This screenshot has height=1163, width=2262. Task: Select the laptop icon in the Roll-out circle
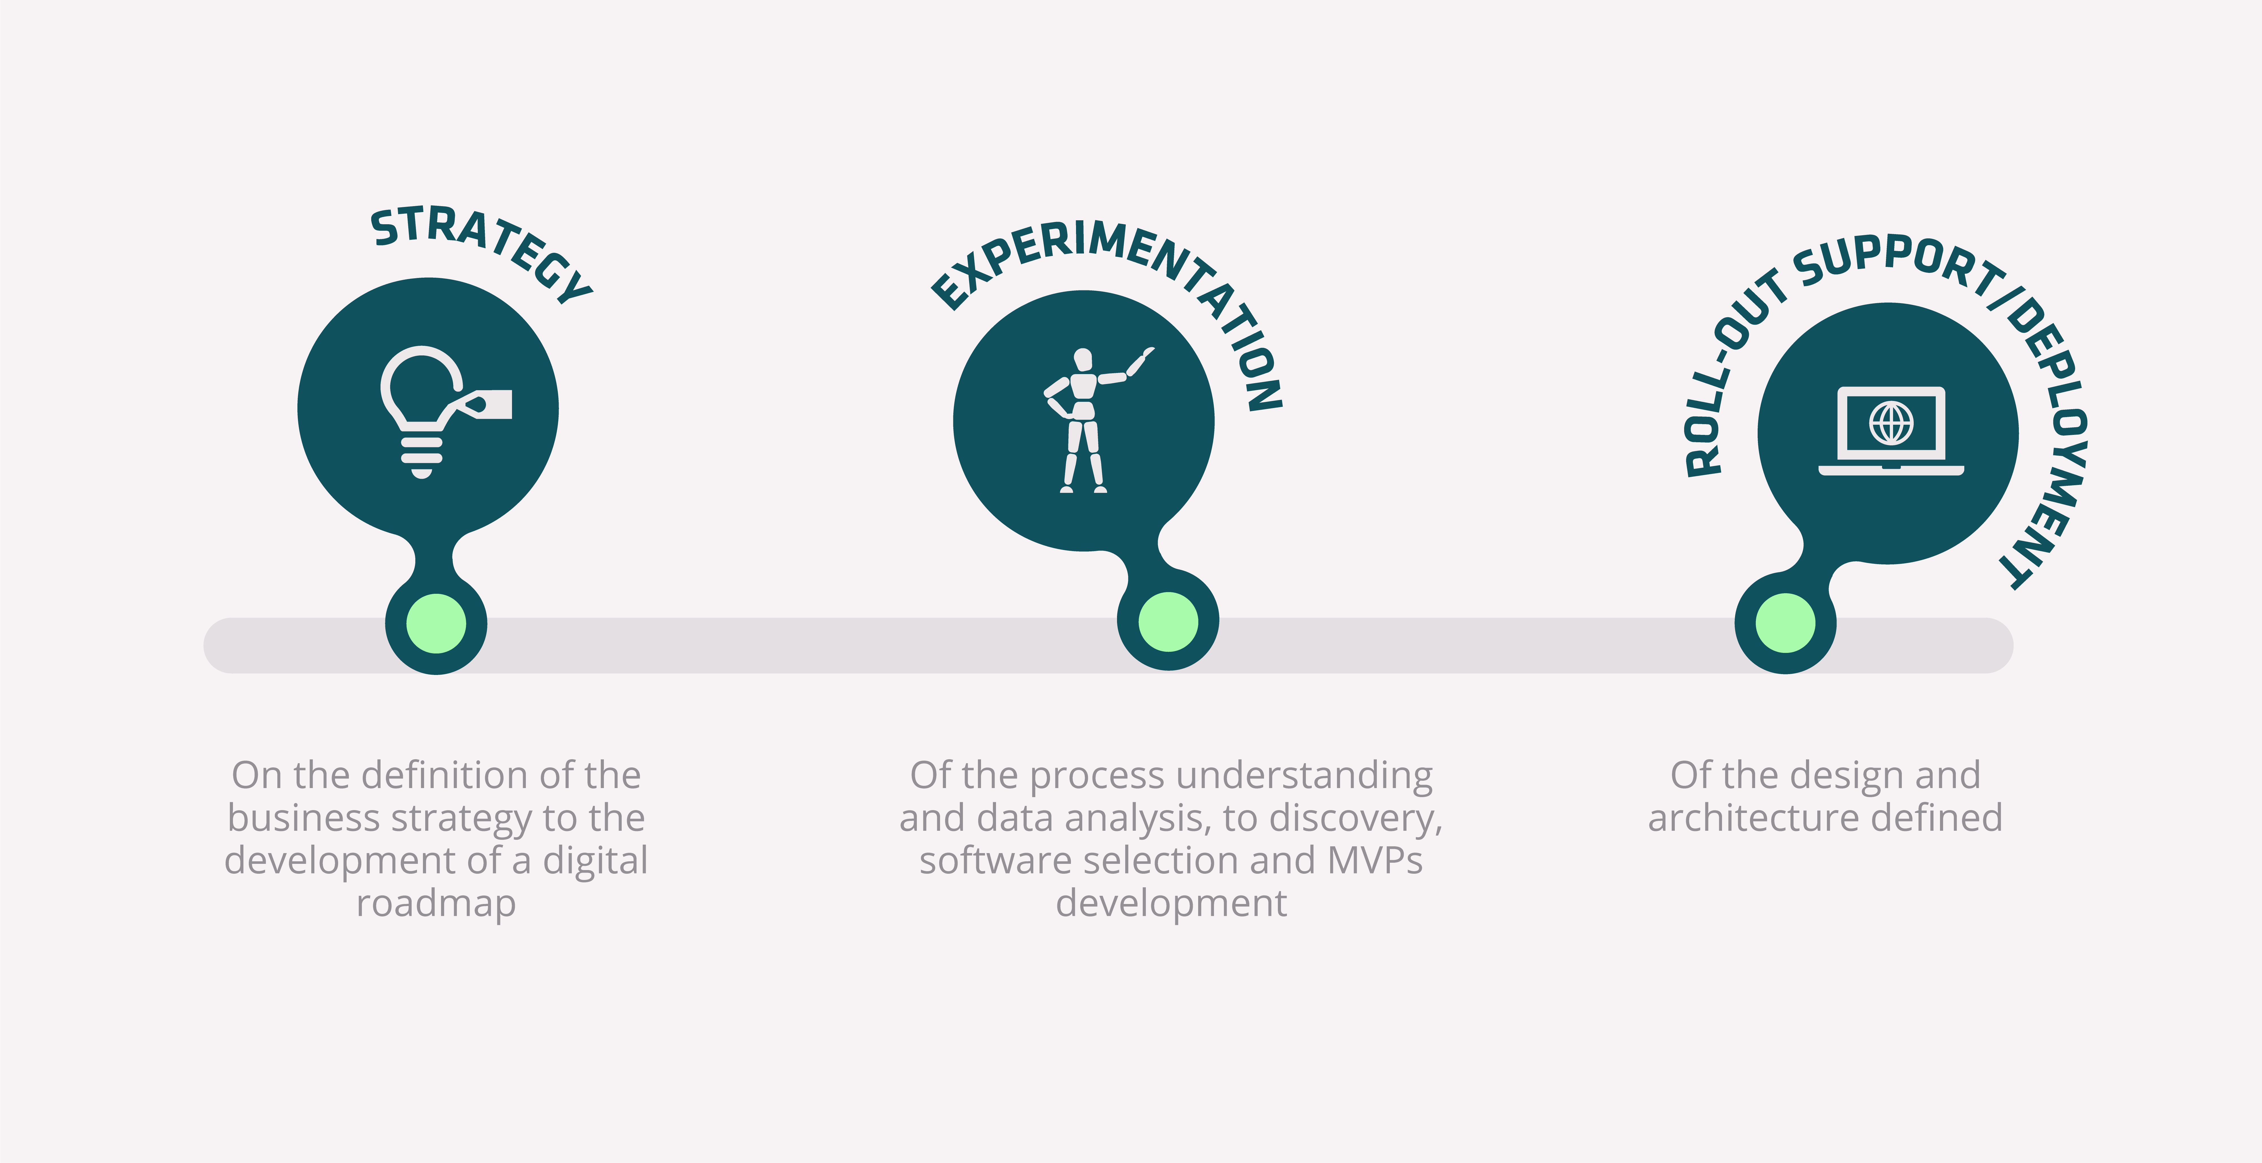pyautogui.click(x=1891, y=430)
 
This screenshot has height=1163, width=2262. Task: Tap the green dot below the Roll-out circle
pyautogui.click(x=1785, y=623)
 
